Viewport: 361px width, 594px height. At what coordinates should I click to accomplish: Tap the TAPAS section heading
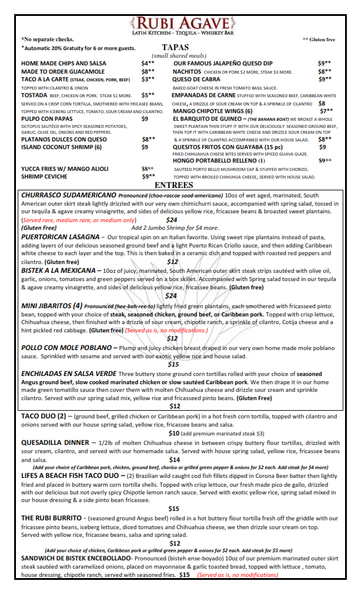point(175,47)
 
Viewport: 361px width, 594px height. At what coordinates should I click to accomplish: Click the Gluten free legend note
point(319,39)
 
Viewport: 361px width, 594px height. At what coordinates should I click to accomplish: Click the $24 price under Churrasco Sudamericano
point(172,220)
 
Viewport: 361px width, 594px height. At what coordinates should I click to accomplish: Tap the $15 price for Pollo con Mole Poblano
point(173,364)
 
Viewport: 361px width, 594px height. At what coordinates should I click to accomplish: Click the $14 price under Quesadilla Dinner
point(175,459)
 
